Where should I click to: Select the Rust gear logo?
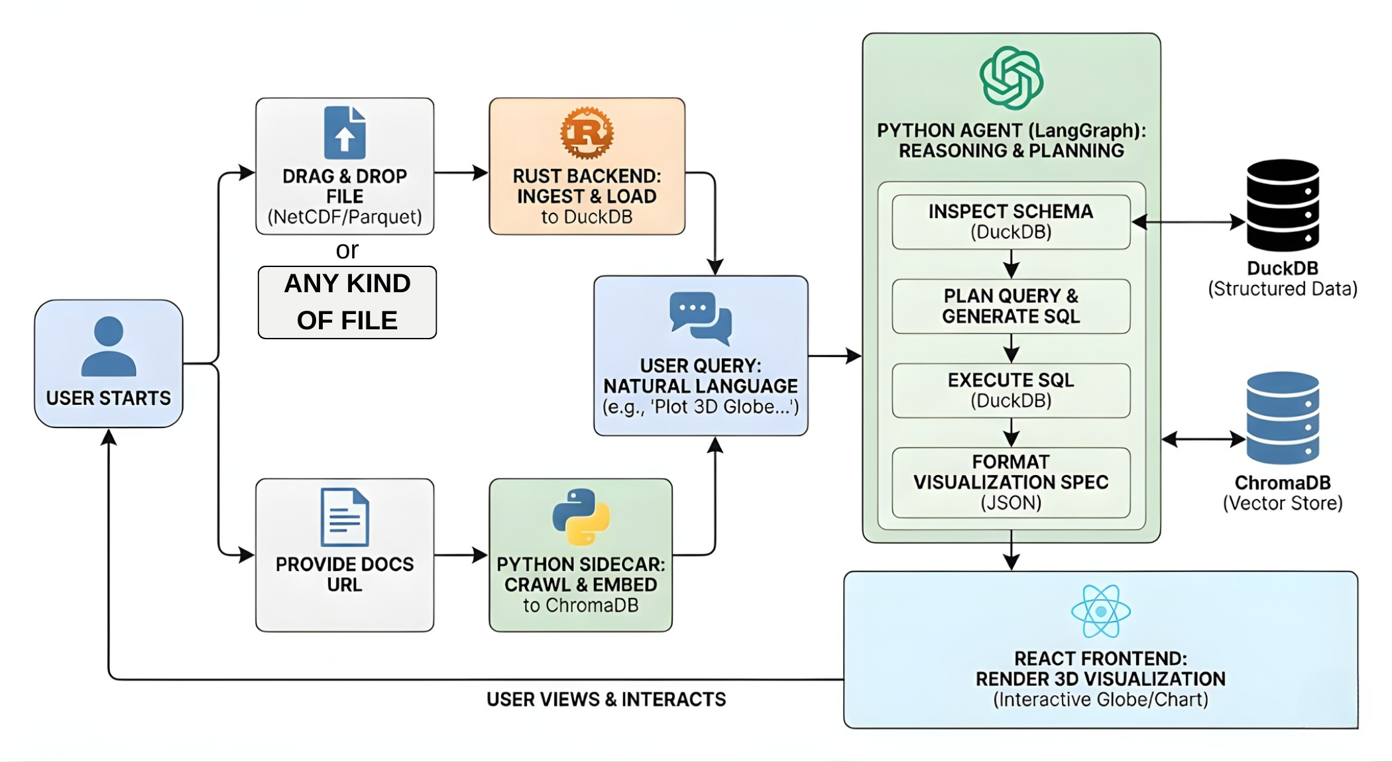click(x=587, y=133)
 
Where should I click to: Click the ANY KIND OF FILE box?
click(x=347, y=302)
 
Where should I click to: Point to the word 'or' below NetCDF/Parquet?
click(x=347, y=250)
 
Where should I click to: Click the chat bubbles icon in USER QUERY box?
click(x=701, y=317)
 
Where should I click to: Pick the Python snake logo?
click(x=581, y=517)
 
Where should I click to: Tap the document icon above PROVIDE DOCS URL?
click(x=345, y=517)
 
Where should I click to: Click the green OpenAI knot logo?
click(x=1011, y=78)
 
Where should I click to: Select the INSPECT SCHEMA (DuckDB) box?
click(x=1011, y=222)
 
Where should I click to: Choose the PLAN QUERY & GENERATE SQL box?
click(x=1011, y=306)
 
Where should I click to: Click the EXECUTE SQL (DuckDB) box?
click(x=1011, y=390)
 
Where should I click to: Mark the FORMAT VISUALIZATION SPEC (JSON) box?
click(x=1011, y=482)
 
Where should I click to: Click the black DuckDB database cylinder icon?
click(x=1283, y=205)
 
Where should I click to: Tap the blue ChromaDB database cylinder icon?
click(x=1283, y=417)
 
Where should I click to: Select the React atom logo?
click(x=1100, y=611)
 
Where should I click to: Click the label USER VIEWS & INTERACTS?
click(x=606, y=700)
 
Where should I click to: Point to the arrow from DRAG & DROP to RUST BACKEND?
click(x=461, y=173)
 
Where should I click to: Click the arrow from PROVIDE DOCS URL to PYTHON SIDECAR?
click(x=461, y=555)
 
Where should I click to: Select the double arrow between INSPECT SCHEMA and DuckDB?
click(x=1188, y=222)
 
